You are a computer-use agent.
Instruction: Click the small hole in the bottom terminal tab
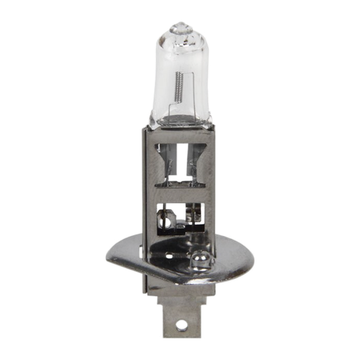(181, 326)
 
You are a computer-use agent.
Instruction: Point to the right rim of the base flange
(253, 266)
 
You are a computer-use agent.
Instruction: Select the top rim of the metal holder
(181, 134)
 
